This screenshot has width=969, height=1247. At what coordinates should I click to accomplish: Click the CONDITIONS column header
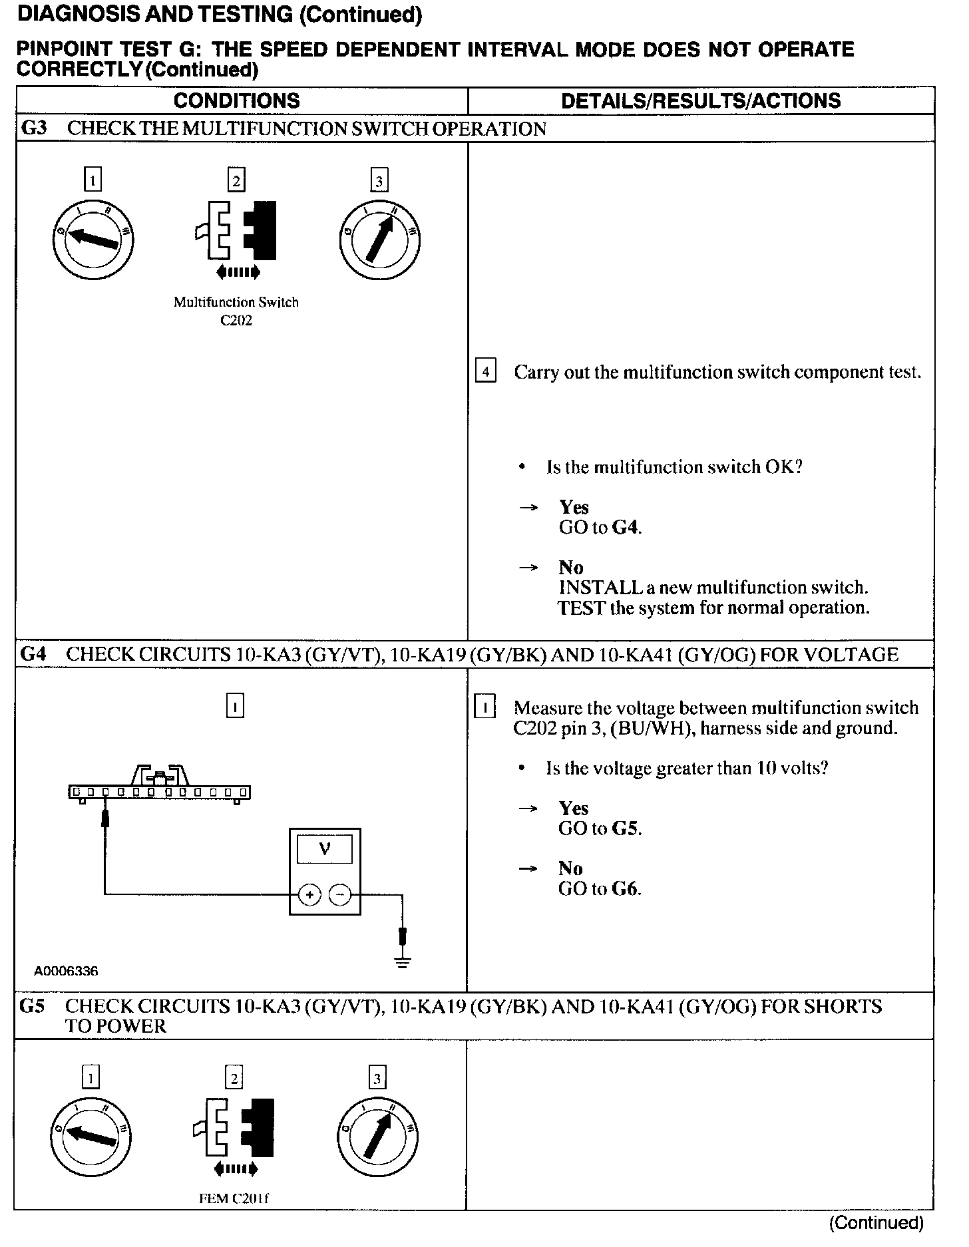(236, 100)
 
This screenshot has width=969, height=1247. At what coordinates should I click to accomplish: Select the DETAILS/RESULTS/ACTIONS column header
(701, 100)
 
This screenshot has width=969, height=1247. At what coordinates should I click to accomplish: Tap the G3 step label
(34, 128)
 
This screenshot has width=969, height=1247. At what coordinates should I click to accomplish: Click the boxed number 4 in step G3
(486, 371)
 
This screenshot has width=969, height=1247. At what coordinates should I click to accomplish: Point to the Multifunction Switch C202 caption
(236, 311)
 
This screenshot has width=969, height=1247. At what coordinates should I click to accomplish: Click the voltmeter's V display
(325, 849)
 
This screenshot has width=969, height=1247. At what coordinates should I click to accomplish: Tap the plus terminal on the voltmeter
(309, 895)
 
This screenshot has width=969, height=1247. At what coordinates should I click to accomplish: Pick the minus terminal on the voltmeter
(340, 895)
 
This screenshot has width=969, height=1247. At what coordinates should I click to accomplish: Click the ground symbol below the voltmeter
(402, 961)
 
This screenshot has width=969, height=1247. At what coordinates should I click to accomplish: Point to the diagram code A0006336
(66, 971)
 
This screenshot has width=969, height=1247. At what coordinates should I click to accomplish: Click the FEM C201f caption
(234, 1198)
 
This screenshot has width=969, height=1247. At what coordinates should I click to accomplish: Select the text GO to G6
(600, 889)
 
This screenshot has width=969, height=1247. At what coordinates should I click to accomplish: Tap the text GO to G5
(600, 828)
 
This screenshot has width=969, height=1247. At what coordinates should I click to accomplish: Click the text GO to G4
(600, 528)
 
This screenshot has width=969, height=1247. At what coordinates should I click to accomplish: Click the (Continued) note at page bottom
(876, 1222)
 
